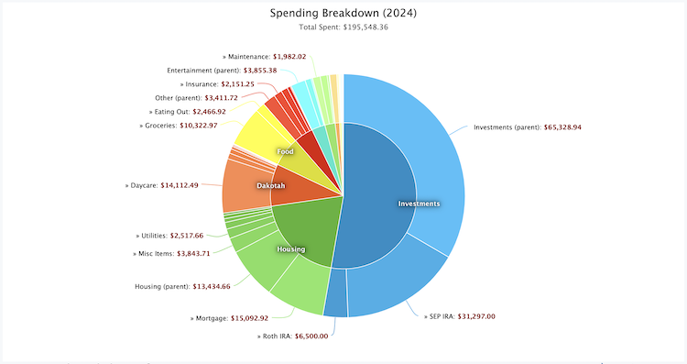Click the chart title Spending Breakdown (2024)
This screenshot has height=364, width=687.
click(x=343, y=13)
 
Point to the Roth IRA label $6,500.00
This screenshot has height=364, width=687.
click(x=296, y=336)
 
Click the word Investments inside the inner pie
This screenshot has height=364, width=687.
click(x=419, y=203)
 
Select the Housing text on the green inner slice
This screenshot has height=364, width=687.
click(x=291, y=248)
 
